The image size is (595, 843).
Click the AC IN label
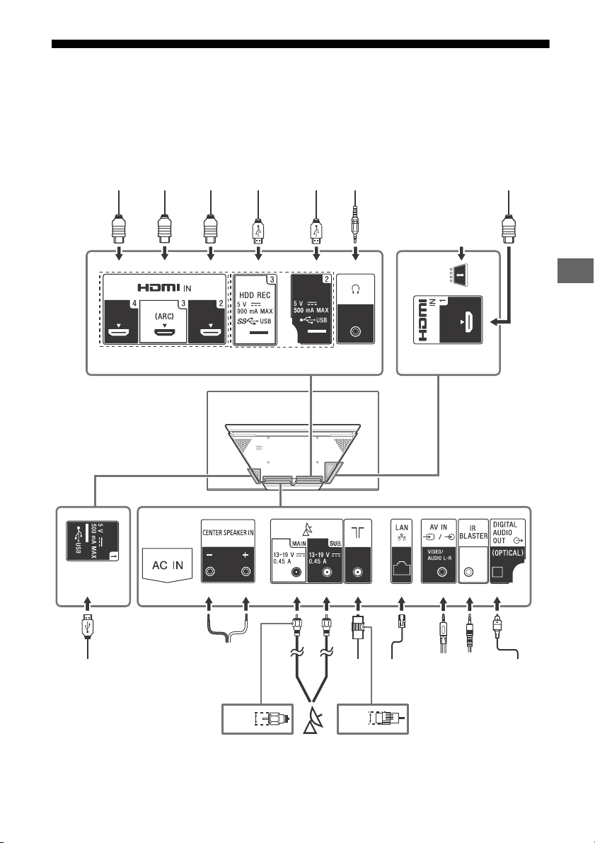[x=168, y=565]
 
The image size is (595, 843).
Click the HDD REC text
[x=255, y=295]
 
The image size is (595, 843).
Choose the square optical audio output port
[x=497, y=572]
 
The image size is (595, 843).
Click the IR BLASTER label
[x=473, y=532]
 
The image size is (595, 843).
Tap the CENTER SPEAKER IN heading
[x=228, y=533]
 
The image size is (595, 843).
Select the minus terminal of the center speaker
[x=210, y=571]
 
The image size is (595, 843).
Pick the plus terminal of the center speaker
[x=246, y=571]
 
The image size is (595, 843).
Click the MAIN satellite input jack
[x=296, y=572]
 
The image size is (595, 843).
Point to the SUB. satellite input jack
[x=325, y=572]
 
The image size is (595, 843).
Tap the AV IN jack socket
[x=442, y=572]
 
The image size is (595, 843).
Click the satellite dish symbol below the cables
[x=312, y=721]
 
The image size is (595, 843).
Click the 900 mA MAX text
[x=255, y=311]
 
